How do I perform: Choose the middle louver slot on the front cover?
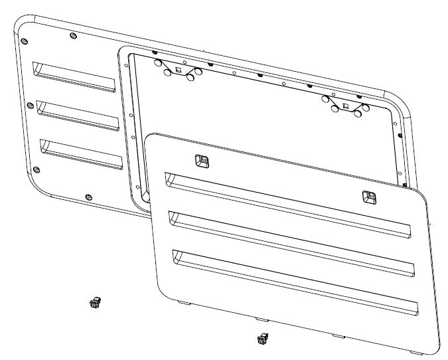(x=291, y=239)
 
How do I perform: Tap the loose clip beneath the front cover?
(x=262, y=339)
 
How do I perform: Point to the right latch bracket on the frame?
(x=344, y=105)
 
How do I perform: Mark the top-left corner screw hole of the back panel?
(x=26, y=41)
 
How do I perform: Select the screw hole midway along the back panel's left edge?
(x=30, y=104)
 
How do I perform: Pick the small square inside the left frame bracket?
(x=179, y=69)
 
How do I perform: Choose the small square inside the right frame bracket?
(x=344, y=105)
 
